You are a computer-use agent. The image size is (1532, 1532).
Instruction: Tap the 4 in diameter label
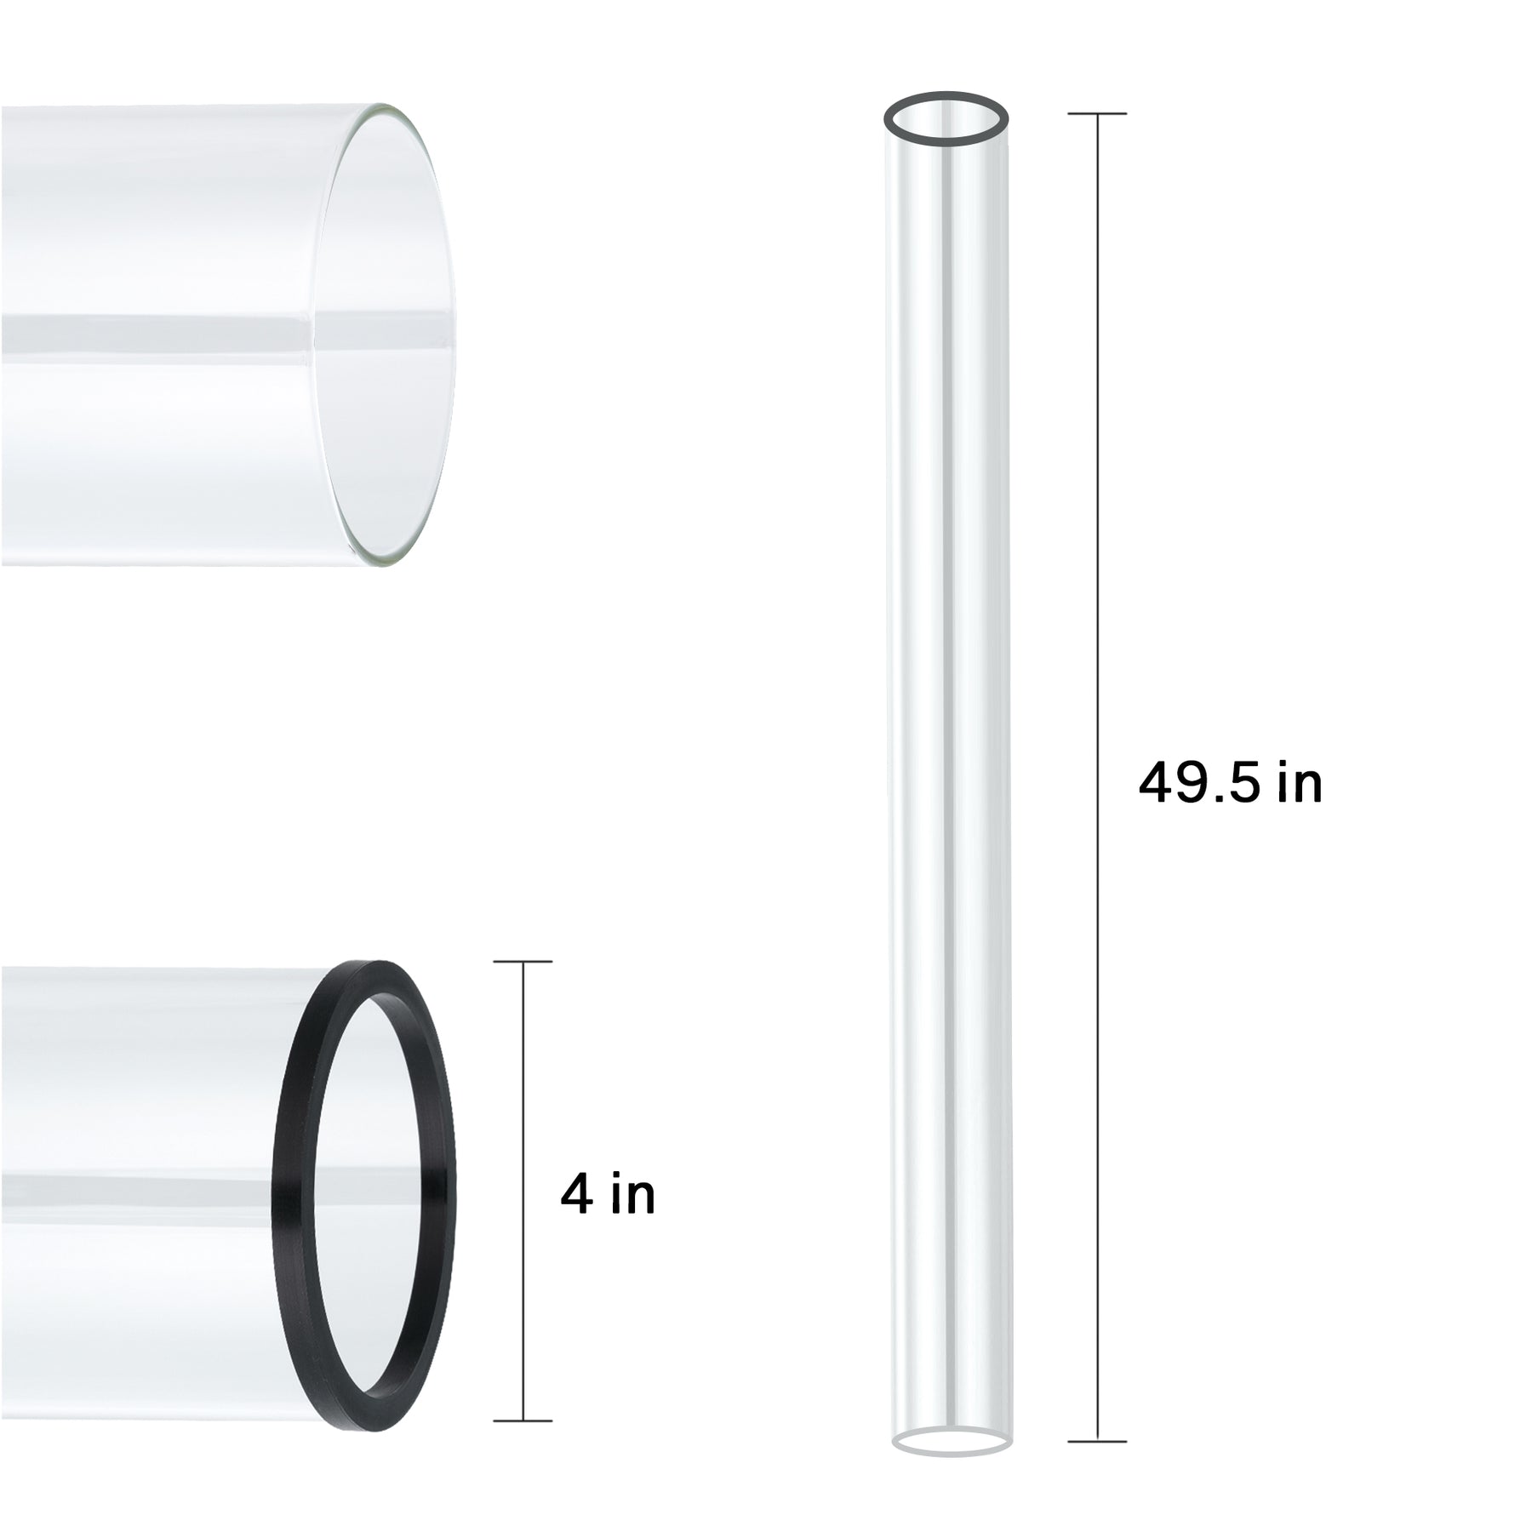tap(608, 1195)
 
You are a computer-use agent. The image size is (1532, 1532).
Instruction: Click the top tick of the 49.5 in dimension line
tap(1097, 113)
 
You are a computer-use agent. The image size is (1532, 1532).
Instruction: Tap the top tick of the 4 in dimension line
tap(523, 962)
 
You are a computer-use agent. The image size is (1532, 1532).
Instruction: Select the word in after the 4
tap(633, 1195)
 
